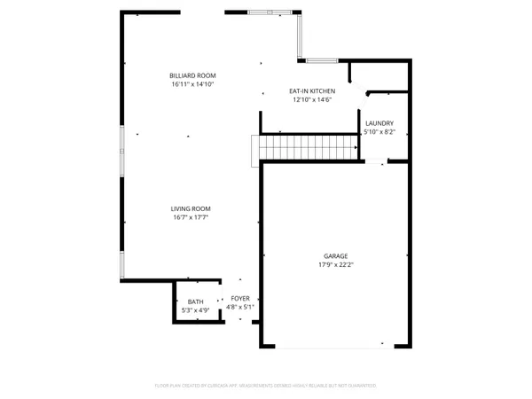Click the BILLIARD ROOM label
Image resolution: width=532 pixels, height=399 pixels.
[193, 75]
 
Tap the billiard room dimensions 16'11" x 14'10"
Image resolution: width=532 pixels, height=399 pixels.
[193, 84]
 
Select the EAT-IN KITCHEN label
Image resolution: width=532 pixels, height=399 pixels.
[311, 91]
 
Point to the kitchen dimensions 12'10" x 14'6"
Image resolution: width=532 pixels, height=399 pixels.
[311, 100]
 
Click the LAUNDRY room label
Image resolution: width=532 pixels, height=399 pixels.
[379, 123]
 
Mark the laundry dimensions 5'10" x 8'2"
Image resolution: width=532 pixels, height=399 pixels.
[379, 132]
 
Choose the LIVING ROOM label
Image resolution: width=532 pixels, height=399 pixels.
[190, 208]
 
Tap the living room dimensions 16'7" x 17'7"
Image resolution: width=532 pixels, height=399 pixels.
[190, 217]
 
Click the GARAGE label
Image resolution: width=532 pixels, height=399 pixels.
[335, 255]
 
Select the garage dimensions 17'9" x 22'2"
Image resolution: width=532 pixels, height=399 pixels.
[335, 264]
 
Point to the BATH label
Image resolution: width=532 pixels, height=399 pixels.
[194, 301]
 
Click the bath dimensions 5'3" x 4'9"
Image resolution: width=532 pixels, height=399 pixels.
[194, 310]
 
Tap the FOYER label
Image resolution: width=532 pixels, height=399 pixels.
[240, 298]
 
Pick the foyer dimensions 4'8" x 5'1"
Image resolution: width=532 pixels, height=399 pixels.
[240, 307]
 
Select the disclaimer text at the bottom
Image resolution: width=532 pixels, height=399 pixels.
[266, 386]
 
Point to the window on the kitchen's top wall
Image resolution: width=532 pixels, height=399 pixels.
[323, 60]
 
